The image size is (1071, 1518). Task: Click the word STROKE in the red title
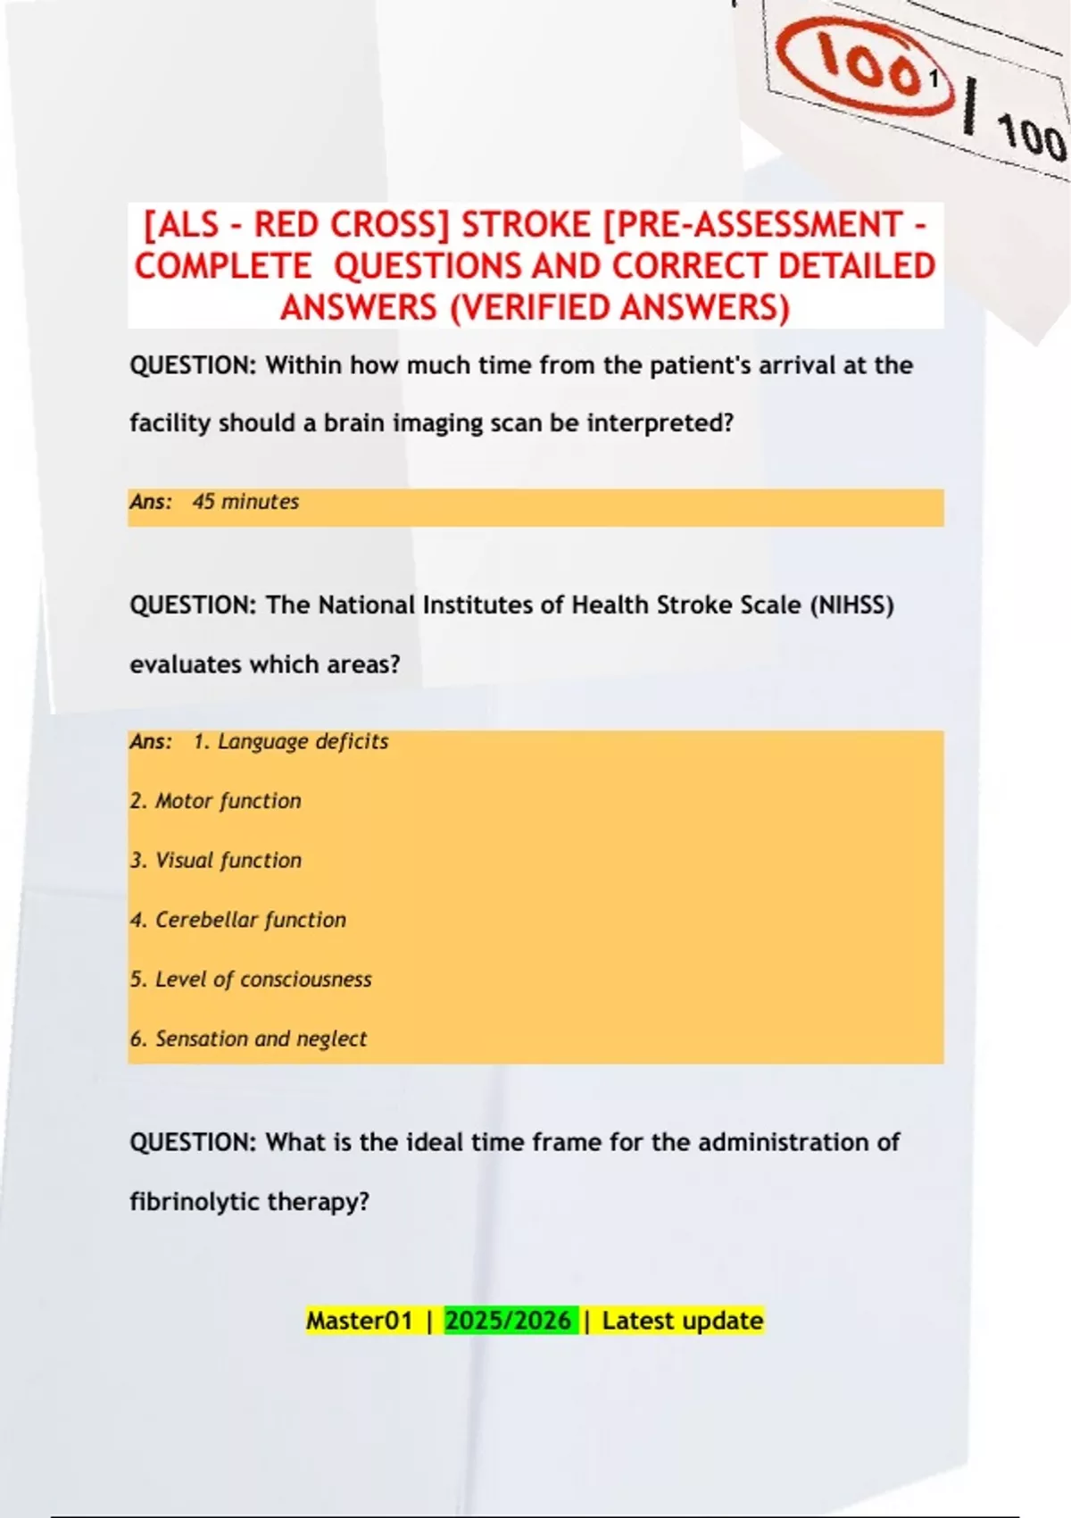click(526, 225)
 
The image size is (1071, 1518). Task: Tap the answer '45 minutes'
click(245, 502)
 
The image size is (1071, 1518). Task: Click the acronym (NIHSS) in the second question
click(851, 605)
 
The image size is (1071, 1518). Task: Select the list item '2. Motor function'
click(215, 801)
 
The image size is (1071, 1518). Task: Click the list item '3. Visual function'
click(215, 861)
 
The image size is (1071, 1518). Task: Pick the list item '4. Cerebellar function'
click(237, 920)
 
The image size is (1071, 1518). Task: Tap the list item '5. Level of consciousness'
click(250, 980)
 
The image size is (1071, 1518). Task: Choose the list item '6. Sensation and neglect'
click(248, 1039)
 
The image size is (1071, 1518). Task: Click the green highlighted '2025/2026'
click(509, 1321)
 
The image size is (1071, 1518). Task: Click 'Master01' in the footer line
click(360, 1321)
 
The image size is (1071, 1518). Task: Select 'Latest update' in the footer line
click(683, 1321)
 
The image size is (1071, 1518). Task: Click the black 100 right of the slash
click(1031, 138)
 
